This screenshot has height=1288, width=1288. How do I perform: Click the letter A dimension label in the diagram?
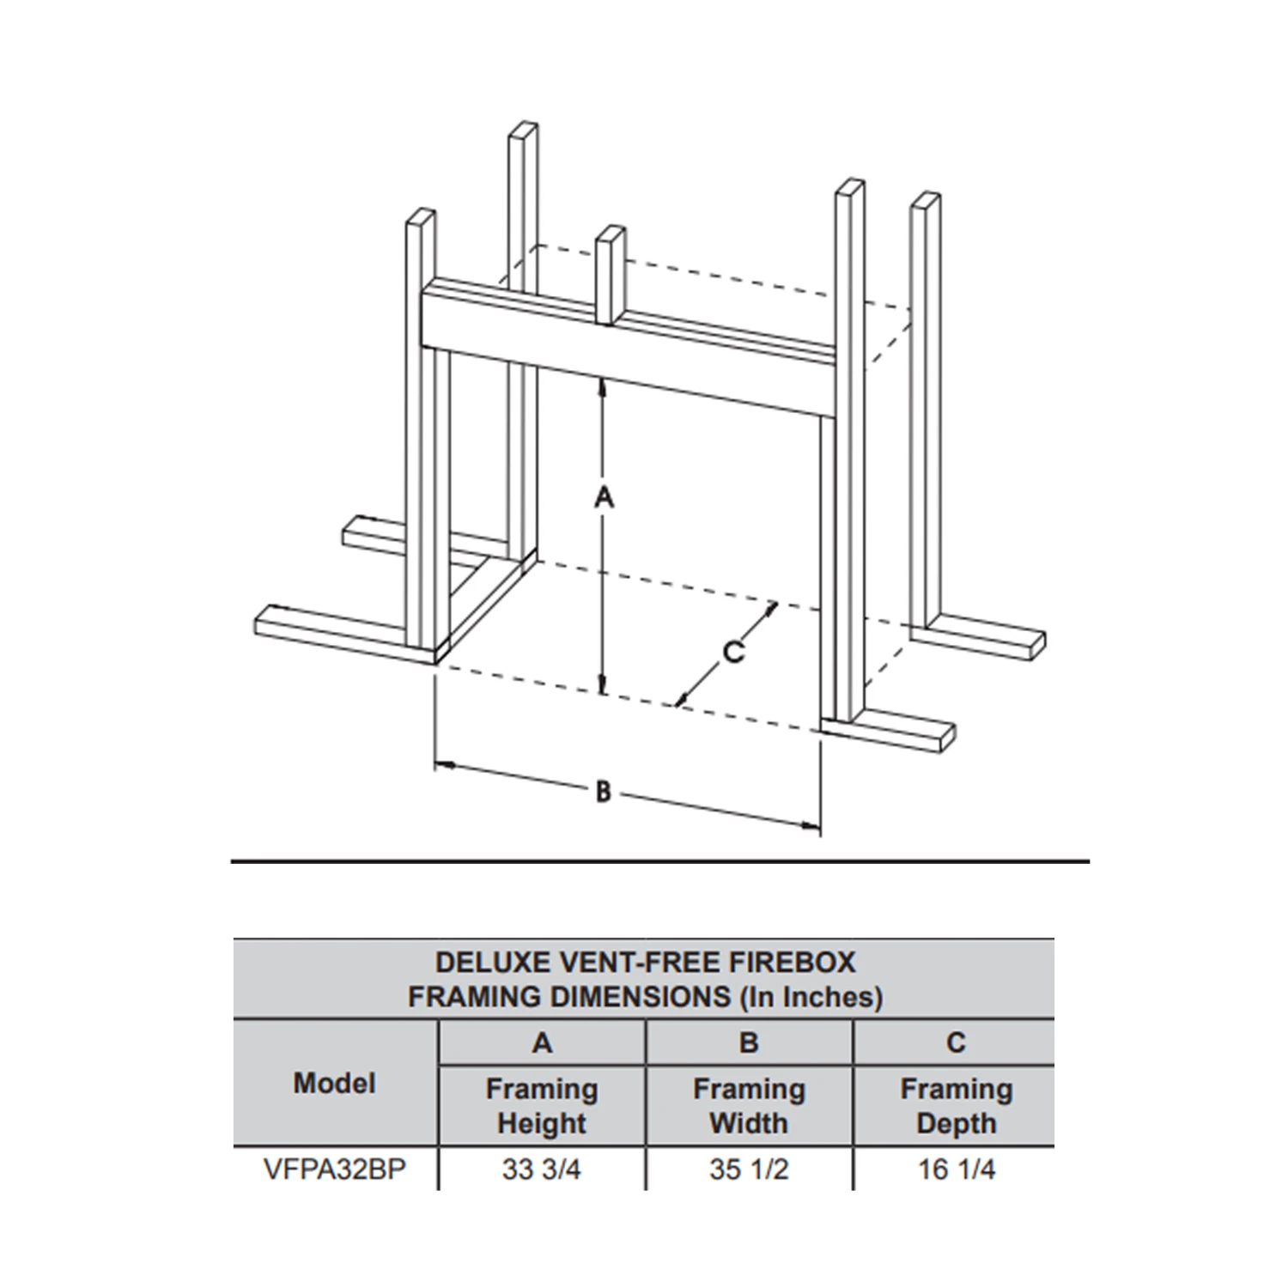605,496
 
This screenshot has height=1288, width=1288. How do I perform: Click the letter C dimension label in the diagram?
732,653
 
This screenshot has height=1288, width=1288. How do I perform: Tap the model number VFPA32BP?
335,1170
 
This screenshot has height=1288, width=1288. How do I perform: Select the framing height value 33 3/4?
542,1170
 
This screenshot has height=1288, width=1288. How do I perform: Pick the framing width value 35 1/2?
749,1170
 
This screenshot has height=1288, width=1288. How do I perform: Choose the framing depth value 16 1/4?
957,1170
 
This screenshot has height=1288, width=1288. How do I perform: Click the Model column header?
335,1083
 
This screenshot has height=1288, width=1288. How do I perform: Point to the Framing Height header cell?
542,1106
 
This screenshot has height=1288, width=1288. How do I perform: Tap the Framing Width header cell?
749,1106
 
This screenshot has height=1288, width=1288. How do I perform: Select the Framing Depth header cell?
957,1106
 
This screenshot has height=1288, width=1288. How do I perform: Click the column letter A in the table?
542,1042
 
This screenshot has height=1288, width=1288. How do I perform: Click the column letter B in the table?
749,1042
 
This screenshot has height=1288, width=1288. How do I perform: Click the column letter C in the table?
956,1042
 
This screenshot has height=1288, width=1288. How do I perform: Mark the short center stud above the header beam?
610,275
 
